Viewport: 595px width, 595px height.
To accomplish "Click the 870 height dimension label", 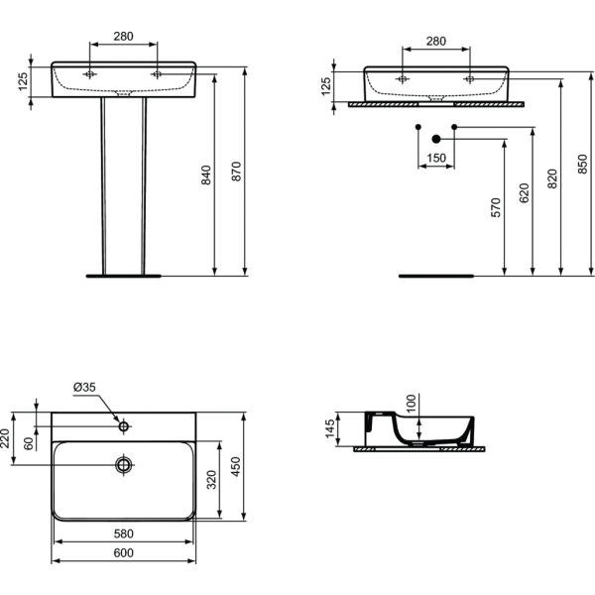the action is [236, 172].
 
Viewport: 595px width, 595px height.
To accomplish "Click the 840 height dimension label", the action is [206, 175].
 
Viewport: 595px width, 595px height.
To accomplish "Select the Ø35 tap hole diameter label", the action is [84, 387].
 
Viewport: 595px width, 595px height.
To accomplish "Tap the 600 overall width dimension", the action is [124, 553].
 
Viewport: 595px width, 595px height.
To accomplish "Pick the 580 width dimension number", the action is [124, 534].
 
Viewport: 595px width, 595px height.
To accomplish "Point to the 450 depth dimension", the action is [236, 467].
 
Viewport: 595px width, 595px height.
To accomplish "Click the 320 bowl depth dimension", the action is [212, 480].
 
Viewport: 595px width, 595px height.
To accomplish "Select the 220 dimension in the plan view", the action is [5, 438].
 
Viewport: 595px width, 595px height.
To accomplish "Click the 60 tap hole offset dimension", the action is [29, 443].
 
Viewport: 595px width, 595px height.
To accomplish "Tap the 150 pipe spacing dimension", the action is [436, 158].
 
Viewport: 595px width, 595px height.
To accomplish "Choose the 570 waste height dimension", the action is [496, 207].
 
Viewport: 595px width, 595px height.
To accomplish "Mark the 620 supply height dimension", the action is [524, 193].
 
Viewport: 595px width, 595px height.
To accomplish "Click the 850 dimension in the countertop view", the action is [582, 164].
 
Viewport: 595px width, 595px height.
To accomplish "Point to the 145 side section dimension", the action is [330, 428].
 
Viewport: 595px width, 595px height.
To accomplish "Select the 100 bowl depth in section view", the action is [412, 404].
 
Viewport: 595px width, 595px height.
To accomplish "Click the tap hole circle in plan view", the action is [124, 426].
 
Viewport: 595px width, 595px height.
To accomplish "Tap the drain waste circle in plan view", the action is [124, 465].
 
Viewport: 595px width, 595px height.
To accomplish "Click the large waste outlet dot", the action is [436, 139].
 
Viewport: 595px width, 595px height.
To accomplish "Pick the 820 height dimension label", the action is [552, 178].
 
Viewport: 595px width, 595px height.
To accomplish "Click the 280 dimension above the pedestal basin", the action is [124, 37].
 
